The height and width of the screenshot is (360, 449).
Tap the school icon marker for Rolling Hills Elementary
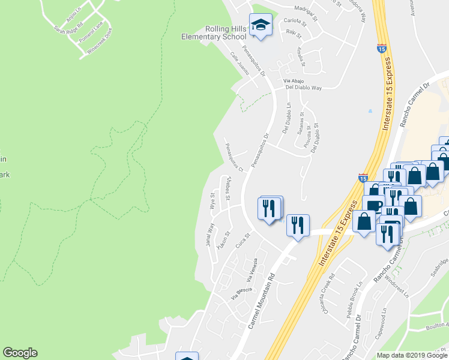(x=261, y=25)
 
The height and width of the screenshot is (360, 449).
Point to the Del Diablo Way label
(x=303, y=88)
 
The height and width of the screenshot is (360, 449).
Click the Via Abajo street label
(x=295, y=81)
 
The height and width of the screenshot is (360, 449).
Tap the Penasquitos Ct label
(x=234, y=158)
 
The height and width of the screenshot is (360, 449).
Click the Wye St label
(x=213, y=200)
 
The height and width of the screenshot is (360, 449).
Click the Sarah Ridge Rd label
(x=67, y=29)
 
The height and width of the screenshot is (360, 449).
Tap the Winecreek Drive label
(x=100, y=42)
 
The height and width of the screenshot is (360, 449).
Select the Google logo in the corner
(x=20, y=353)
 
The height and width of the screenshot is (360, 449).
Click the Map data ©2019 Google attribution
(x=412, y=355)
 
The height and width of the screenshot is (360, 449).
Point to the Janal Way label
(x=209, y=235)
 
